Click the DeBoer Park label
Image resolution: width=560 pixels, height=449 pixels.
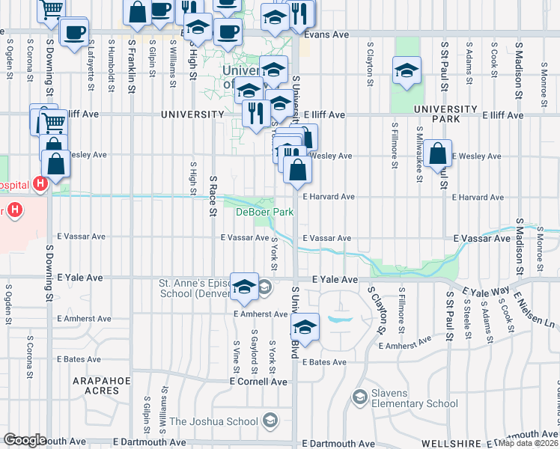coord(264,212)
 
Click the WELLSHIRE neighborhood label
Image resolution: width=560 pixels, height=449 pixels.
coord(449,443)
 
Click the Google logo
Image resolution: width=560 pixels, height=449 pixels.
coord(24,440)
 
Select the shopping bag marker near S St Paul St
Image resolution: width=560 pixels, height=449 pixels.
coord(437,154)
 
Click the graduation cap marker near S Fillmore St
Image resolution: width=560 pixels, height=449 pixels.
coord(407,71)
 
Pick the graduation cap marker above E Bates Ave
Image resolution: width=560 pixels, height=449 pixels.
coord(304,327)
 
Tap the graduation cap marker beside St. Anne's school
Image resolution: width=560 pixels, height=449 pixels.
coord(244,287)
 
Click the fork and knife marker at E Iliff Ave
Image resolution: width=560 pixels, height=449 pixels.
coord(257,113)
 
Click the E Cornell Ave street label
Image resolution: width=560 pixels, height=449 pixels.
coord(258,381)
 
